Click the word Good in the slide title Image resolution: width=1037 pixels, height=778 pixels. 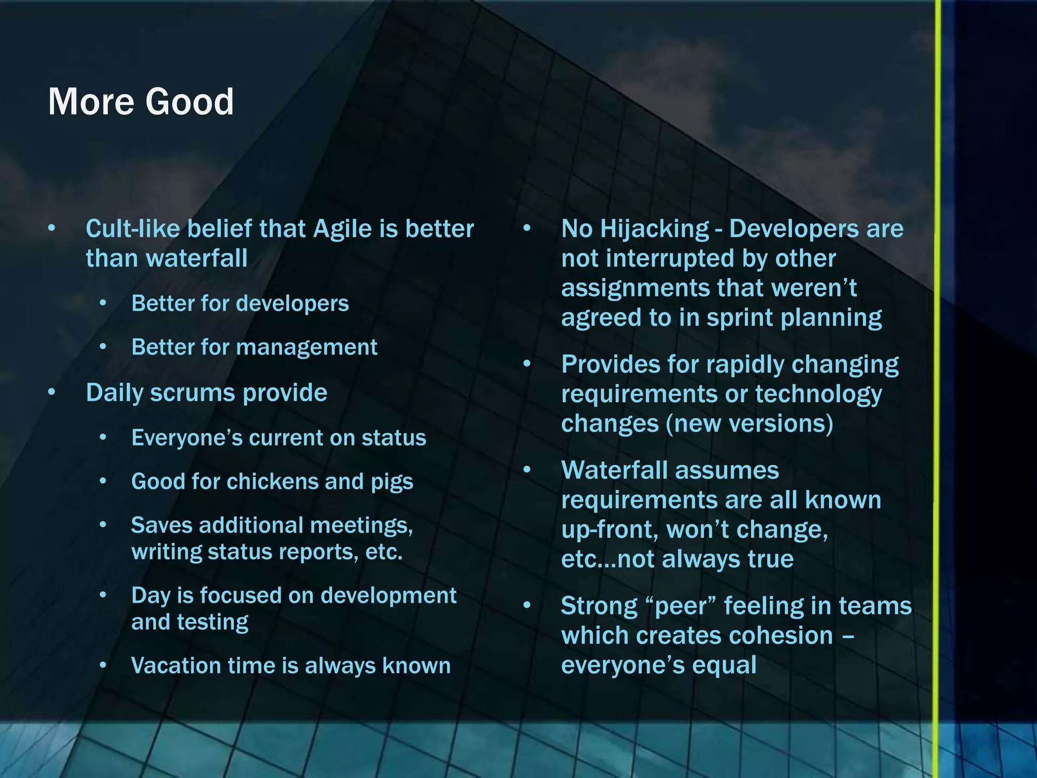click(x=189, y=102)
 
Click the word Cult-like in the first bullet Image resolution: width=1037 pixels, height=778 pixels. click(x=133, y=229)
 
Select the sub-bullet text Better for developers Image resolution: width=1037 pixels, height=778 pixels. click(x=240, y=304)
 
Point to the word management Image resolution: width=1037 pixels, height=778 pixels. click(x=306, y=347)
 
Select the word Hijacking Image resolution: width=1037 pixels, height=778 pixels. click(x=654, y=229)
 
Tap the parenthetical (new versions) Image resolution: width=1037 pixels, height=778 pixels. click(x=749, y=424)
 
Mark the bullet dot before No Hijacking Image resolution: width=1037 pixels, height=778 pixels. click(x=527, y=228)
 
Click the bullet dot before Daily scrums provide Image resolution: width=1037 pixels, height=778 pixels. click(x=52, y=393)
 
